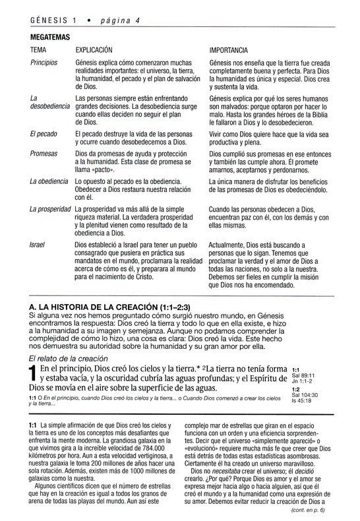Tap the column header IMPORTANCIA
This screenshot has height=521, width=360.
point(228,49)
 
